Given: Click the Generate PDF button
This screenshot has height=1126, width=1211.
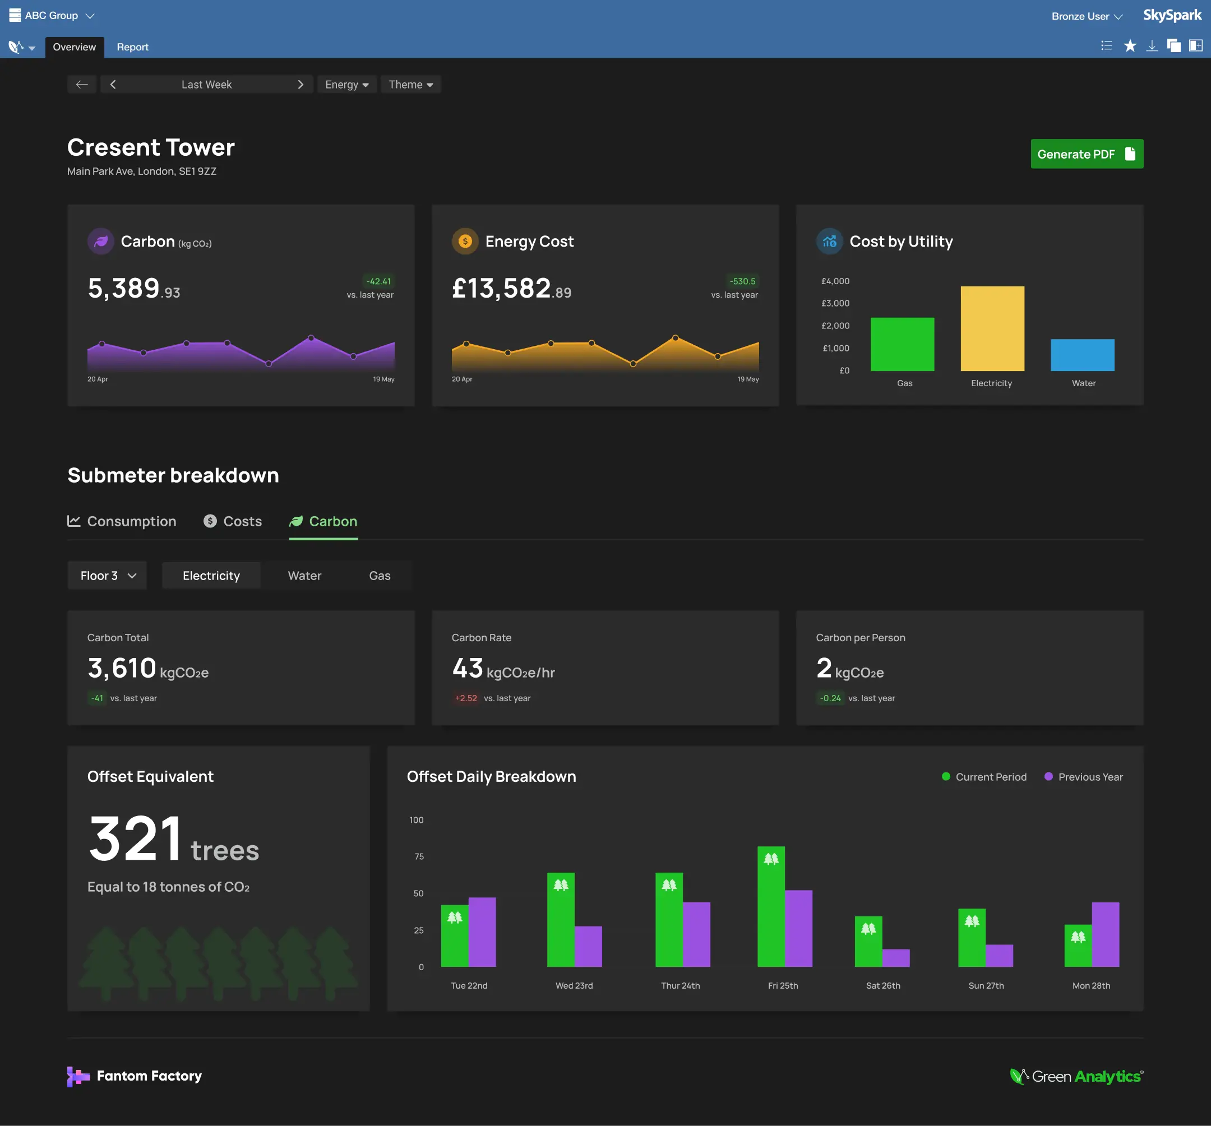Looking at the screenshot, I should pyautogui.click(x=1086, y=154).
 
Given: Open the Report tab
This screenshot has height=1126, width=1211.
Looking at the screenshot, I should pyautogui.click(x=132, y=47).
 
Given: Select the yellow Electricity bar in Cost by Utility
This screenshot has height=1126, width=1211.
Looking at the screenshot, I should pyautogui.click(x=992, y=328).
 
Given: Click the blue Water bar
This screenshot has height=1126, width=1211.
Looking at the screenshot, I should pyautogui.click(x=1082, y=355).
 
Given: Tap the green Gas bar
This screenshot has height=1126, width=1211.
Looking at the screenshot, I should pyautogui.click(x=902, y=344).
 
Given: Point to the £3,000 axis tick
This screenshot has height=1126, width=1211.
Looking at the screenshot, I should pyautogui.click(x=835, y=303).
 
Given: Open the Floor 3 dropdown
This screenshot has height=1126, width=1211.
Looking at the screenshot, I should pyautogui.click(x=107, y=576).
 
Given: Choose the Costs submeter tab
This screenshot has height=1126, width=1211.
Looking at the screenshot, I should pyautogui.click(x=233, y=521).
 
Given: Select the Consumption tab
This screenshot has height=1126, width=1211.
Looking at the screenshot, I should pyautogui.click(x=122, y=521).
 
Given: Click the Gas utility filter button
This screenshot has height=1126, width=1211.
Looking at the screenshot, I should pyautogui.click(x=380, y=576).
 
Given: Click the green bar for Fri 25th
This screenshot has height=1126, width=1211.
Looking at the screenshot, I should pyautogui.click(x=770, y=907).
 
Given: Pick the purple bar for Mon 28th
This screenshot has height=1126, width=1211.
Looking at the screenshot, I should pyautogui.click(x=1105, y=935).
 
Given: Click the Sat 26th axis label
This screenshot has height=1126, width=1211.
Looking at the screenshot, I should pyautogui.click(x=882, y=985).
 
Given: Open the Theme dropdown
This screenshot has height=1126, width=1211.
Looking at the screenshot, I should pyautogui.click(x=410, y=85).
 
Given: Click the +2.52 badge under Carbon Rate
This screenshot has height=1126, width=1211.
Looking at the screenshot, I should pyautogui.click(x=466, y=698).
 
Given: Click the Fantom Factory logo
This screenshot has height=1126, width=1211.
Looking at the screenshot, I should pyautogui.click(x=135, y=1076).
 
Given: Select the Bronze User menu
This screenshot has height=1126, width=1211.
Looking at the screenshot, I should pyautogui.click(x=1086, y=16).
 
